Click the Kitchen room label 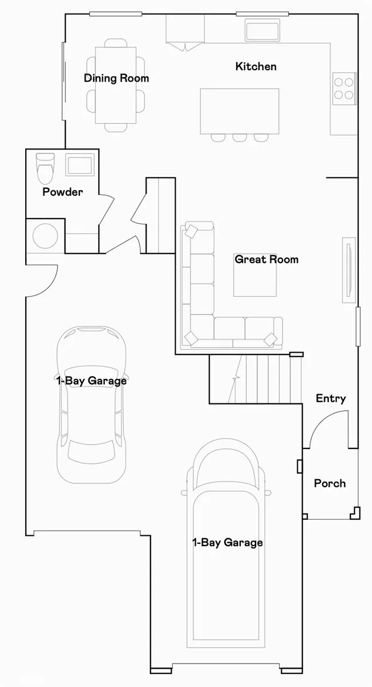coord(256,66)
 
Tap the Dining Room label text coord(116,78)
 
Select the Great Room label coord(266,260)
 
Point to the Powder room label coord(63,192)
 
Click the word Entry coord(330,398)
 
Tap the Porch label coord(330,483)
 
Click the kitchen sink coord(262,30)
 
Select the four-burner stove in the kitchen coord(344,88)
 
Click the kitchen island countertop coord(240,111)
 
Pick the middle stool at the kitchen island coord(240,138)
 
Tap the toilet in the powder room coord(45,168)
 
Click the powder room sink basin coord(80,165)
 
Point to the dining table coord(116,85)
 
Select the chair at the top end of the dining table coord(116,43)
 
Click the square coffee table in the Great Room coord(255,275)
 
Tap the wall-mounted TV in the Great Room coord(349,270)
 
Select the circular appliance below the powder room coord(45,236)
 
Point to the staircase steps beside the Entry coord(265,379)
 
